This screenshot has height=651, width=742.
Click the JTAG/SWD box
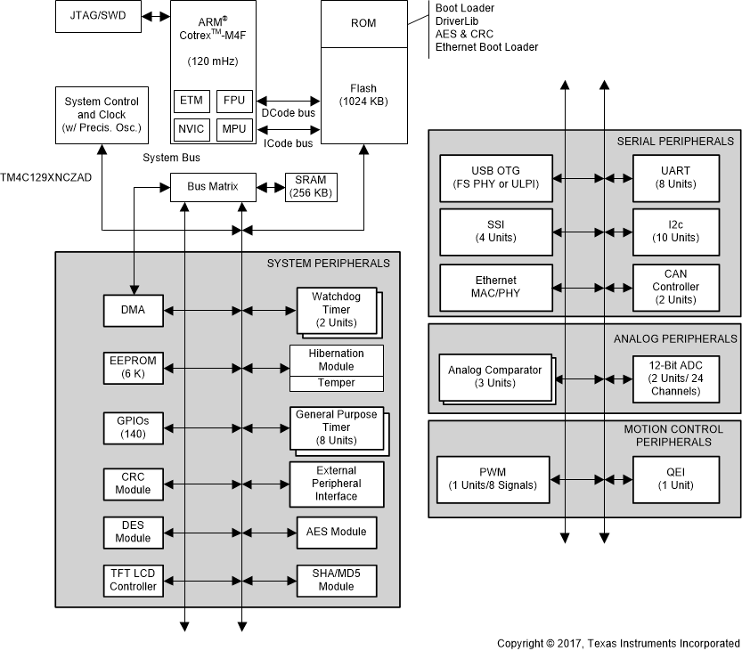click(x=98, y=17)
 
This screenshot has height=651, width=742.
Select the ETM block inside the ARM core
click(x=191, y=101)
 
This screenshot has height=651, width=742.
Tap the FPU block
click(x=234, y=101)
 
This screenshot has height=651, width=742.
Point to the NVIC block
click(x=191, y=129)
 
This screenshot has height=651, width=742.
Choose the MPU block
click(x=234, y=129)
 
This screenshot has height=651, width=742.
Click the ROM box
click(x=363, y=24)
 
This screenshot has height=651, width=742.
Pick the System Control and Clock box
click(x=101, y=115)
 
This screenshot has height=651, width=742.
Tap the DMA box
click(x=133, y=310)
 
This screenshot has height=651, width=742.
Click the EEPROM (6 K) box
click(x=133, y=366)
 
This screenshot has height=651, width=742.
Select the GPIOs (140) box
click(x=133, y=427)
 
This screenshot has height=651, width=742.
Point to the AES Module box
click(x=337, y=533)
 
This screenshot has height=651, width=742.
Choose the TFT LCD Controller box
click(x=133, y=580)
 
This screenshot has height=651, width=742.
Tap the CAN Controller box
click(x=675, y=287)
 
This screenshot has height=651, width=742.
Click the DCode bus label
click(x=288, y=113)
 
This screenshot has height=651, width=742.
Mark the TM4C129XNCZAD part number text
click(x=45, y=177)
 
